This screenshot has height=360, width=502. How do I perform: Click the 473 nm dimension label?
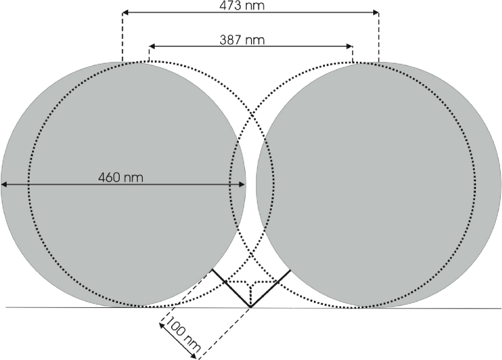[x=242, y=5]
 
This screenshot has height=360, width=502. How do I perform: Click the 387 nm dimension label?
[x=243, y=40]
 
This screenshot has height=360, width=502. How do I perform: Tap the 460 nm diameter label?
[x=120, y=177]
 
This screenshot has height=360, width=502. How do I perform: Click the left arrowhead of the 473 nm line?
[x=125, y=13]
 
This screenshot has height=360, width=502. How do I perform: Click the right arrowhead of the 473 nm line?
[x=376, y=13]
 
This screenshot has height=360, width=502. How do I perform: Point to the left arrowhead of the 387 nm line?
[x=152, y=47]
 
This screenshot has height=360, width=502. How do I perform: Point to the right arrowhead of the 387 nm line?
[x=350, y=47]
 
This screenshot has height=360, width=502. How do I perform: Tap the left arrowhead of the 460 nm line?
[x=4, y=184]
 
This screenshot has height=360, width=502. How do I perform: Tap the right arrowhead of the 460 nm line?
[x=243, y=184]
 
